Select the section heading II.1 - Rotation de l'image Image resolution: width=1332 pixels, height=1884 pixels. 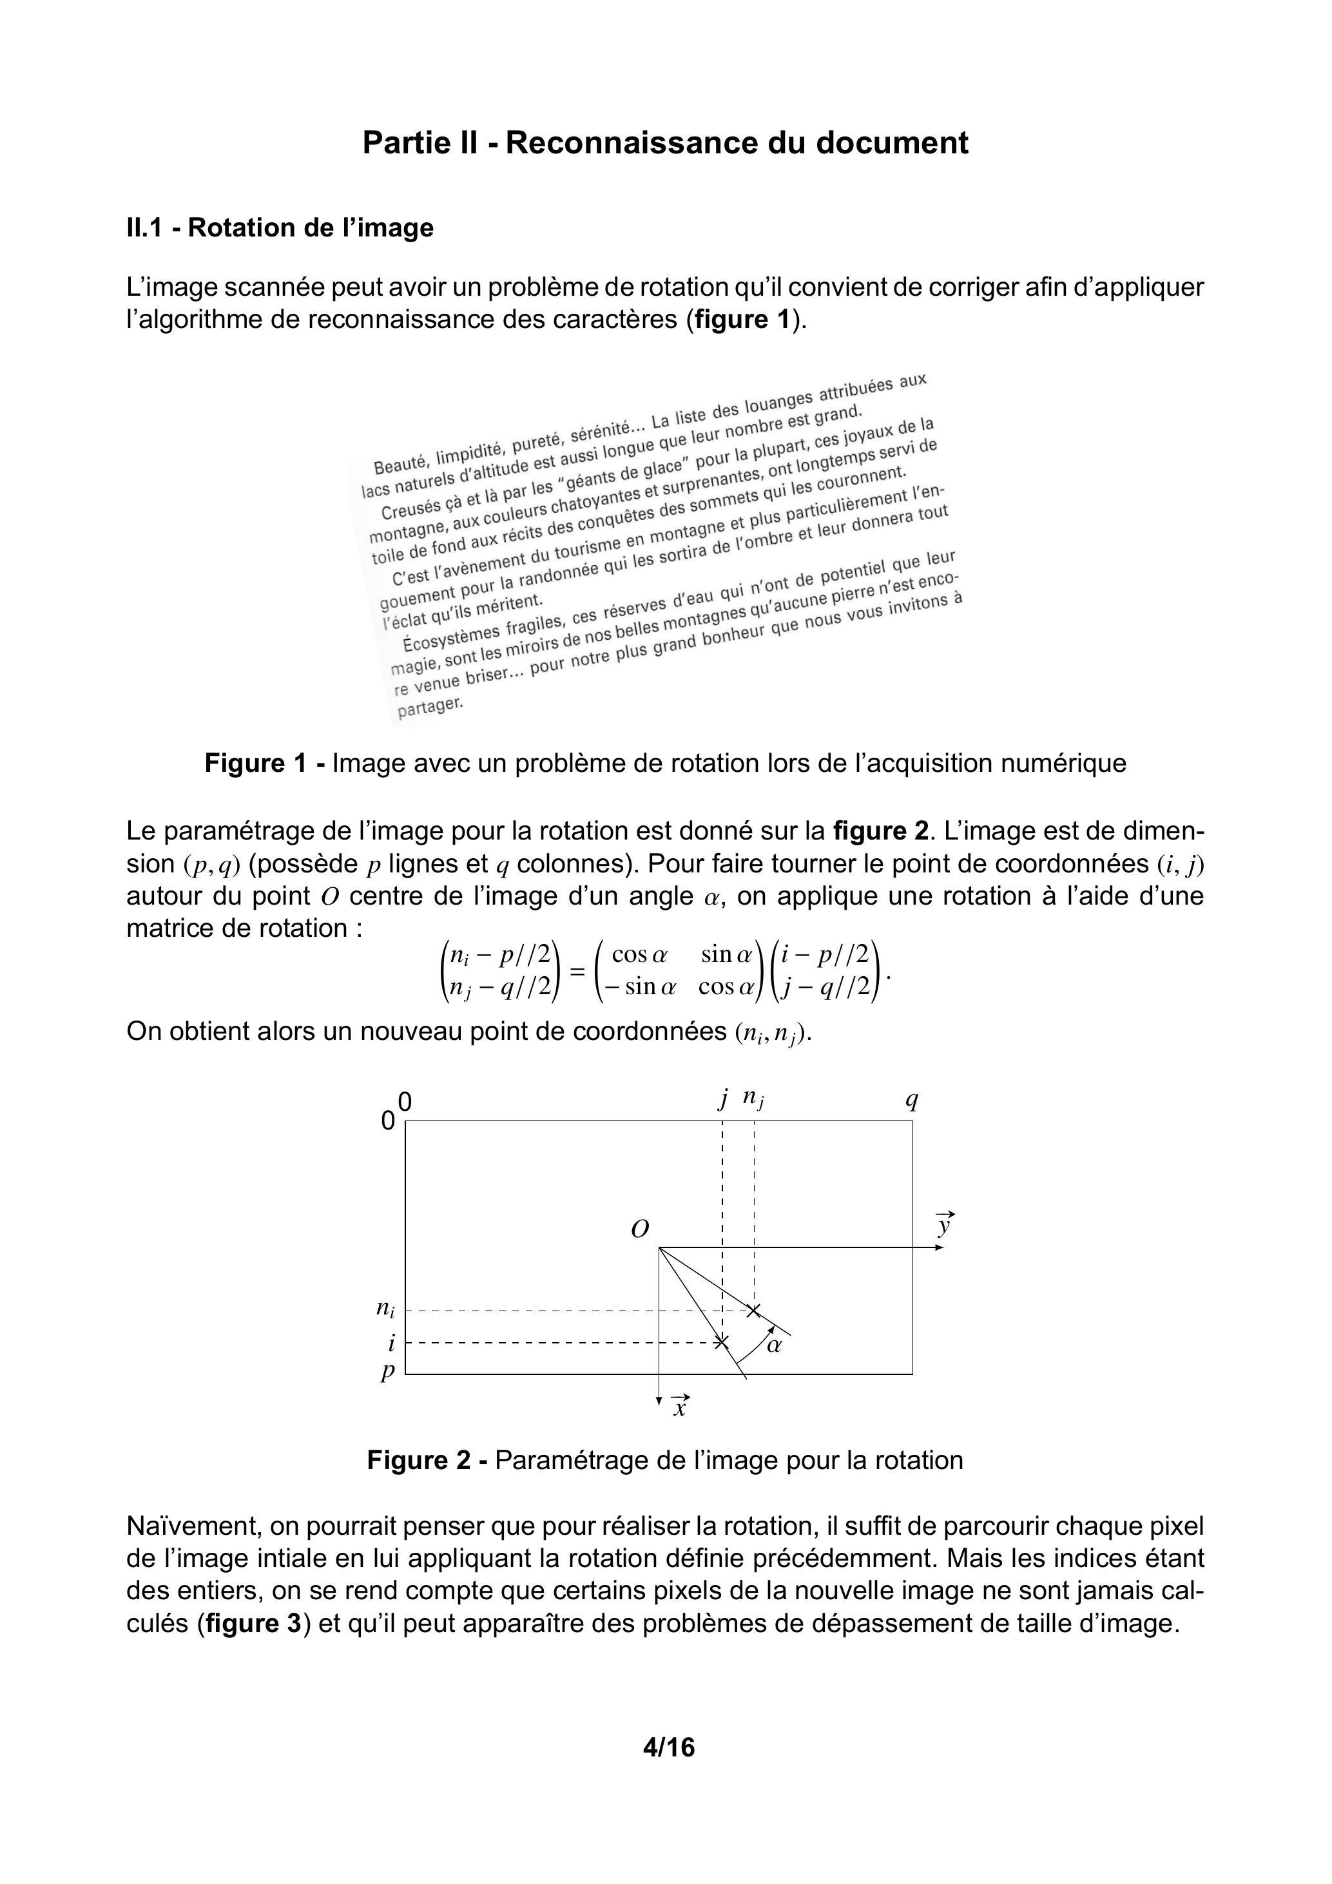pyautogui.click(x=280, y=227)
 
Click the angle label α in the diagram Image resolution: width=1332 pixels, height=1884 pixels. pyautogui.click(x=773, y=1345)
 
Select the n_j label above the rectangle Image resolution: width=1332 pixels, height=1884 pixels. pyautogui.click(x=753, y=1098)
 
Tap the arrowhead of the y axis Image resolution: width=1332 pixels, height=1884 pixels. pyautogui.click(x=940, y=1248)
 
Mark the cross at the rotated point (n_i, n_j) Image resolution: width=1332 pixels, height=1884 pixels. pyautogui.click(x=754, y=1311)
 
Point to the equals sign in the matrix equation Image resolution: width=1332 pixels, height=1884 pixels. pyautogui.click(x=578, y=972)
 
